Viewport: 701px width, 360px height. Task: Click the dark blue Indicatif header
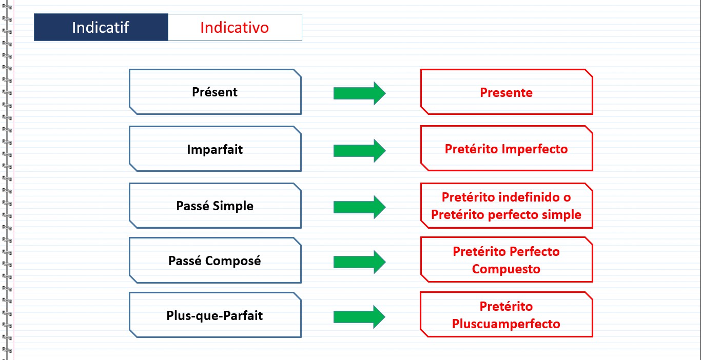pyautogui.click(x=101, y=27)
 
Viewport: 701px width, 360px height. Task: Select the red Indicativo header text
pyautogui.click(x=235, y=28)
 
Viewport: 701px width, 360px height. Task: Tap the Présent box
pyautogui.click(x=215, y=92)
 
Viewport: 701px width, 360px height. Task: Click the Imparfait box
pyautogui.click(x=215, y=149)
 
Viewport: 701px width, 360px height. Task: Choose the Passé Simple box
pyautogui.click(x=215, y=206)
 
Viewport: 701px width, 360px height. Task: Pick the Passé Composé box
pyautogui.click(x=215, y=261)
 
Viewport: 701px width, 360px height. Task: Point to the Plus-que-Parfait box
pyautogui.click(x=215, y=315)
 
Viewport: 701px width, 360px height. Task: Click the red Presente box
pyautogui.click(x=507, y=92)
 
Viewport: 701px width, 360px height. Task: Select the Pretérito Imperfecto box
pyautogui.click(x=507, y=149)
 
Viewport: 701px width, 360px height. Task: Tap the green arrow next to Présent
pyautogui.click(x=360, y=93)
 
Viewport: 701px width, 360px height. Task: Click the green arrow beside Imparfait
pyautogui.click(x=360, y=151)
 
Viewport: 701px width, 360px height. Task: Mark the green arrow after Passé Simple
pyautogui.click(x=360, y=207)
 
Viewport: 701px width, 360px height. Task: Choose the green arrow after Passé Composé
pyautogui.click(x=360, y=262)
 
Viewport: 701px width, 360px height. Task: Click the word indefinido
pyautogui.click(x=529, y=197)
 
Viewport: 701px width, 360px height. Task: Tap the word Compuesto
pyautogui.click(x=506, y=269)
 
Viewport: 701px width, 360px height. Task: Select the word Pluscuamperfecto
pyautogui.click(x=506, y=324)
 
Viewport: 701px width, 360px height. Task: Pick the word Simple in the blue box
pyautogui.click(x=233, y=206)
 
